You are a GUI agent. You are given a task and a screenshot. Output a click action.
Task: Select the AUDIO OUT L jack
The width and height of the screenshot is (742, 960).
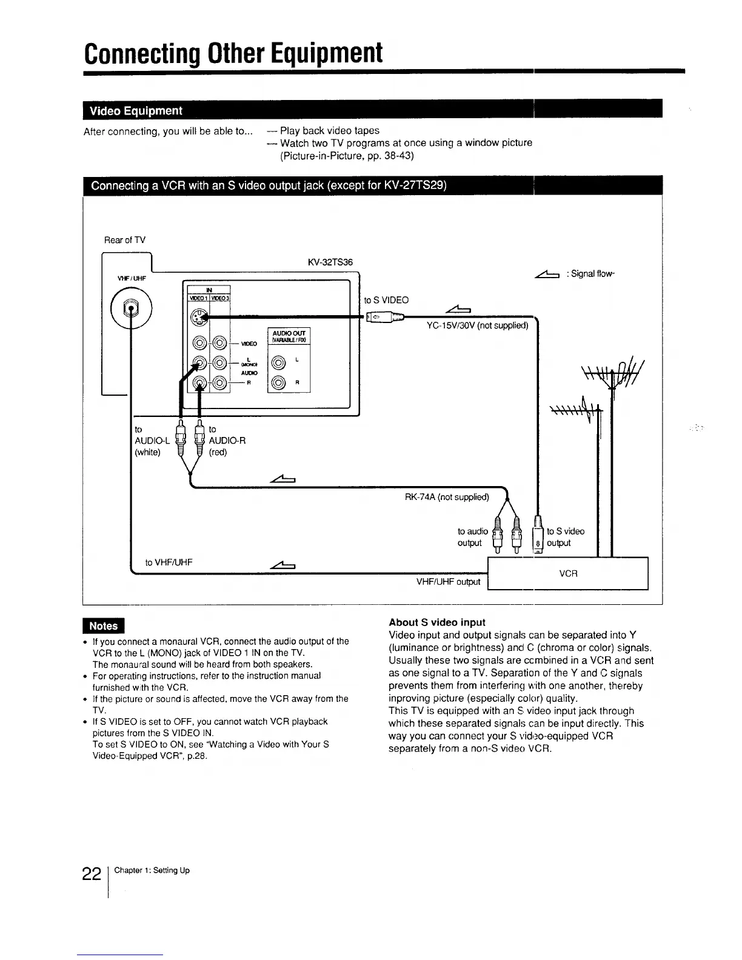pos(278,363)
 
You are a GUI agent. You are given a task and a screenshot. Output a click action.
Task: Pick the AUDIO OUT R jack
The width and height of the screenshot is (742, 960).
pos(278,382)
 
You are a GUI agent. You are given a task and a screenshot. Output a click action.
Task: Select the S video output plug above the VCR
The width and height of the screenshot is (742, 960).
pos(538,535)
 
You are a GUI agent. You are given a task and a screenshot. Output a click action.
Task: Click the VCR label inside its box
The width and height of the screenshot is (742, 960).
pos(568,573)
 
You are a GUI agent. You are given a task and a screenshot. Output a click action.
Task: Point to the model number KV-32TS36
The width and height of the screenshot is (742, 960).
pos(330,262)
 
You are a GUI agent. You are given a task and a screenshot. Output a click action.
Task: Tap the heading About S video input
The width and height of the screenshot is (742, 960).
pos(436,622)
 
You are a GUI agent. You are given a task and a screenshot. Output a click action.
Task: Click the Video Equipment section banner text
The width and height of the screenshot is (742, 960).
pos(136,110)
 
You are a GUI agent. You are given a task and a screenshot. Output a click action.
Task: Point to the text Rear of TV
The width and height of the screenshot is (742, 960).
pos(125,240)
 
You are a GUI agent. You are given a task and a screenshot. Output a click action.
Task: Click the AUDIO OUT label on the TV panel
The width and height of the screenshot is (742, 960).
pos(289,333)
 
